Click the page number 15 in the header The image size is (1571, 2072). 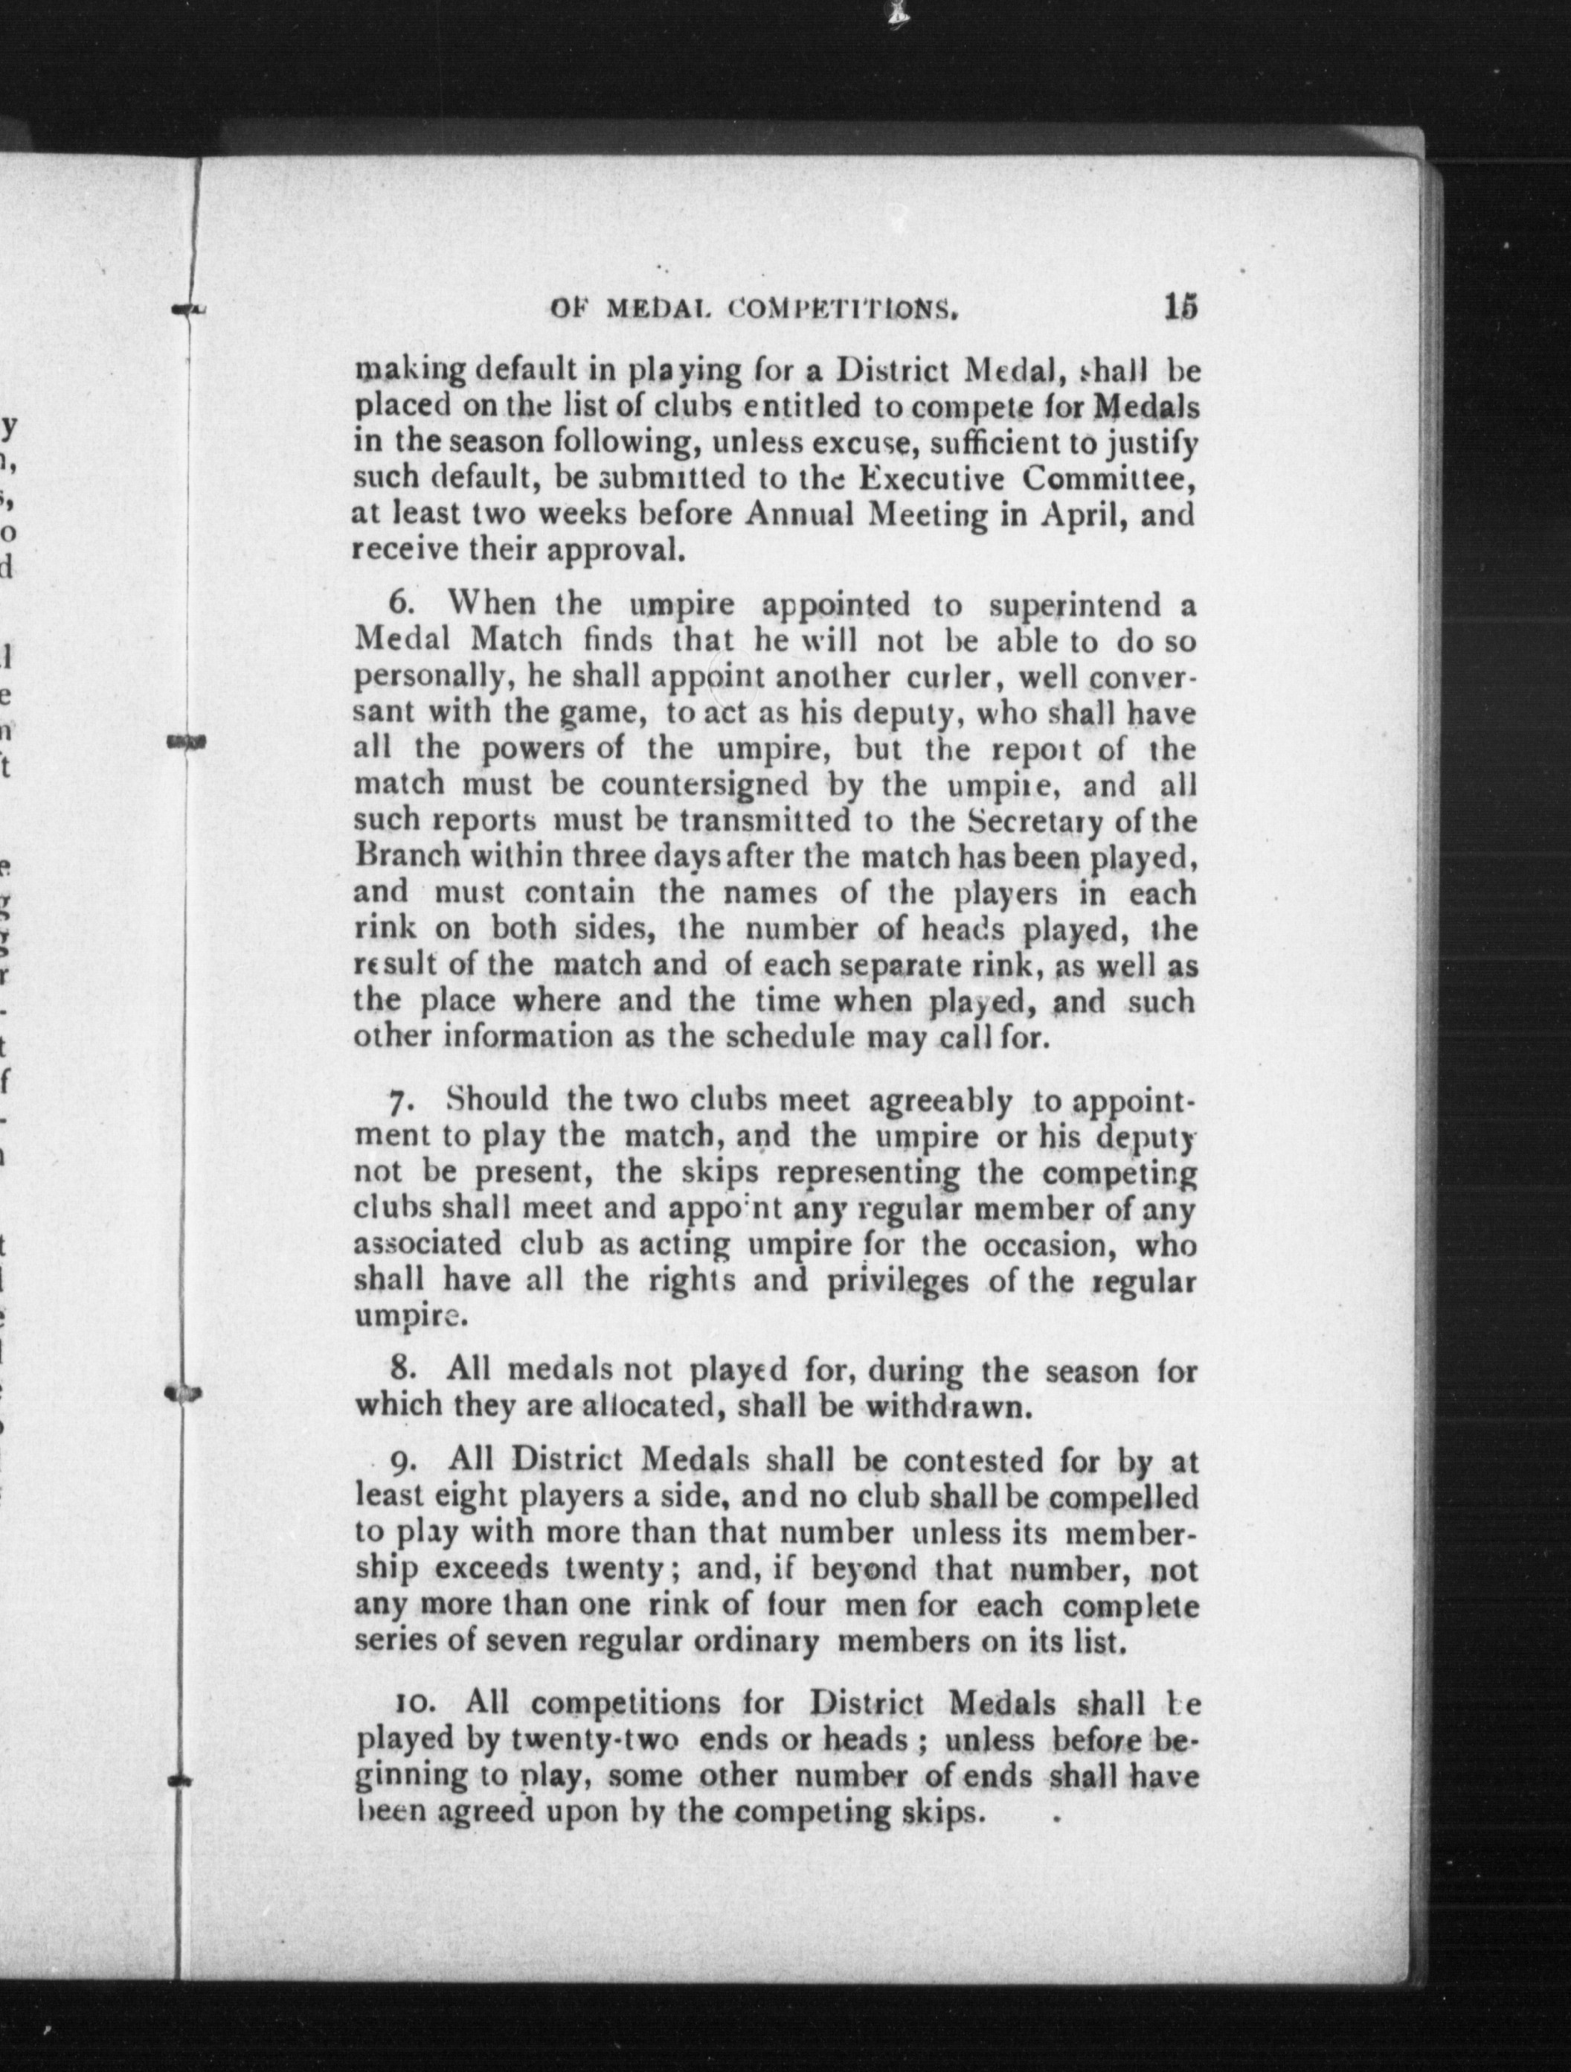pyautogui.click(x=1180, y=307)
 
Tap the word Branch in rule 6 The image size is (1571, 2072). pyautogui.click(x=408, y=856)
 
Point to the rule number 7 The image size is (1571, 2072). pyautogui.click(x=402, y=1101)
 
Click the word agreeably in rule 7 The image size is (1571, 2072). pyautogui.click(x=940, y=1101)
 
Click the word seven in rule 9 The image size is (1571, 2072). pyautogui.click(x=533, y=1641)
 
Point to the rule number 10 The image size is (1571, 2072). pyautogui.click(x=413, y=1703)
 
